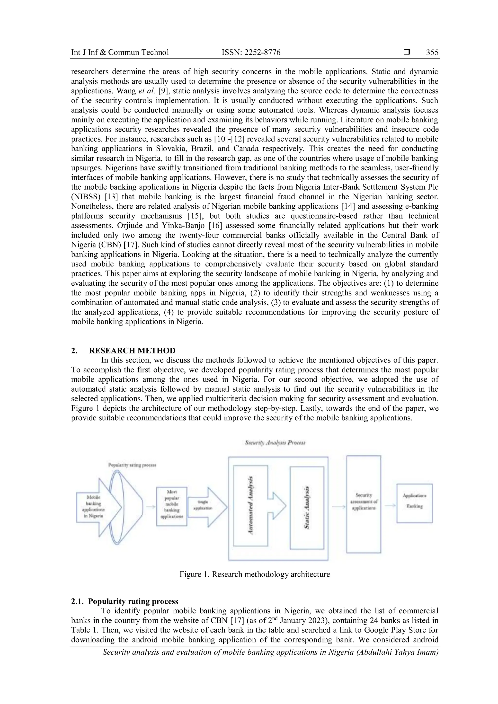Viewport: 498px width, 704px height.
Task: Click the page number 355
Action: [432, 53]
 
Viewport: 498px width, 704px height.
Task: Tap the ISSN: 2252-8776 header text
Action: [251, 53]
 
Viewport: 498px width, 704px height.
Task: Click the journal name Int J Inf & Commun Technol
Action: [120, 53]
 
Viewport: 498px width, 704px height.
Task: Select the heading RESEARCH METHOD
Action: [132, 351]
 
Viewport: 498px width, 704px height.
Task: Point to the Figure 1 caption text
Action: [255, 574]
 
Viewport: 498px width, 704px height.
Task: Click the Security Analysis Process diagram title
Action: [275, 443]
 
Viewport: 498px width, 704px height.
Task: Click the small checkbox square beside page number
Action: [407, 53]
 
